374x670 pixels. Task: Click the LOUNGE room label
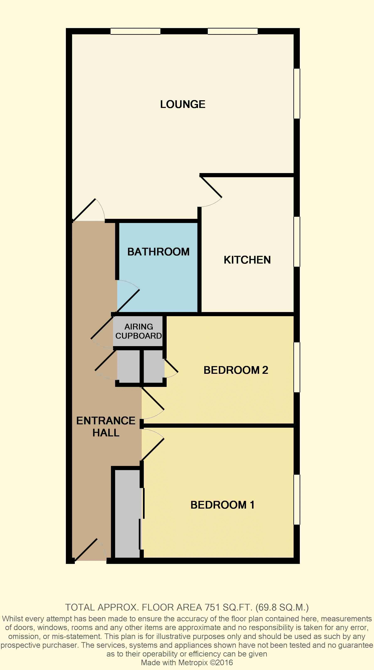click(183, 104)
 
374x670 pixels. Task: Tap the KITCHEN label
click(247, 260)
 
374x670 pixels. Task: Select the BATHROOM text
click(158, 252)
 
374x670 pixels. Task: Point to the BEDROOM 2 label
click(236, 370)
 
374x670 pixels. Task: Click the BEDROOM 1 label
click(222, 505)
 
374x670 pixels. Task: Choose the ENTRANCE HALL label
click(106, 427)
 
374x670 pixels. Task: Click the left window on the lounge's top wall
click(135, 31)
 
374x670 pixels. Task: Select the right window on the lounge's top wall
click(233, 31)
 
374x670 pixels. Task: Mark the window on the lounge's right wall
click(297, 94)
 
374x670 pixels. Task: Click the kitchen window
click(297, 242)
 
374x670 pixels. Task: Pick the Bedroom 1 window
click(297, 499)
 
